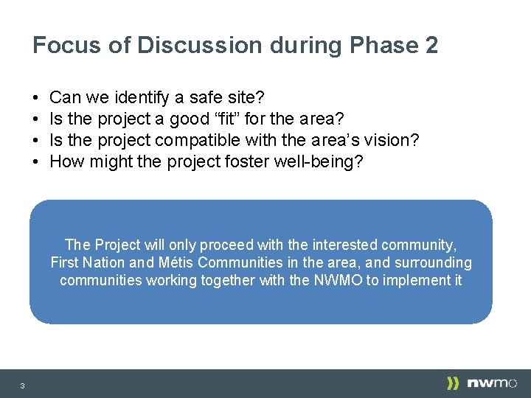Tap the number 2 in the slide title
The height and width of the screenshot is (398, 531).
tap(431, 46)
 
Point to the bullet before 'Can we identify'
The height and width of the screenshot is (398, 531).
tap(36, 97)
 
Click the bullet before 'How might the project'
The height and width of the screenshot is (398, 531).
tap(36, 161)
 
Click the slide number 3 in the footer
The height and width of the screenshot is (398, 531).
tap(23, 385)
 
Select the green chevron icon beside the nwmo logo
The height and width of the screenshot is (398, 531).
tap(454, 383)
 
